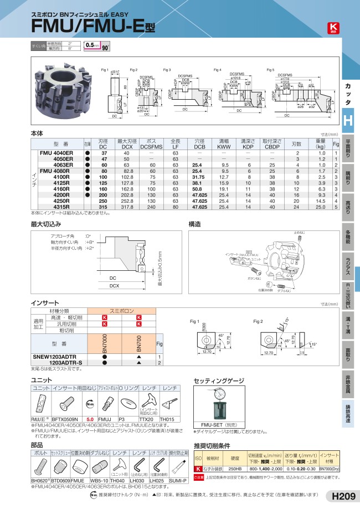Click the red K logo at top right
[333, 28]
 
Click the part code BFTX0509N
[65, 419]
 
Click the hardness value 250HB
[234, 468]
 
